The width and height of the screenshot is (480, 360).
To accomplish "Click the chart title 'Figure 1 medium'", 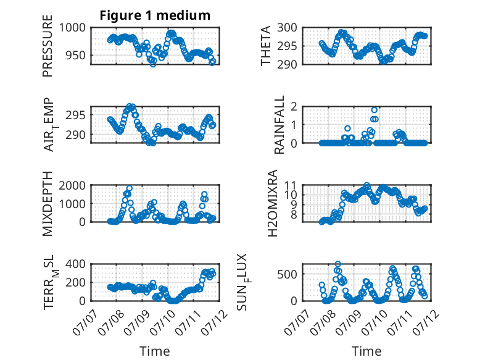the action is click(155, 15).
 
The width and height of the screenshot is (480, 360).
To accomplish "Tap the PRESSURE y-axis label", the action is click(48, 46).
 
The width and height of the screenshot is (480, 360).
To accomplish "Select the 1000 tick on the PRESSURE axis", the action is click(72, 28).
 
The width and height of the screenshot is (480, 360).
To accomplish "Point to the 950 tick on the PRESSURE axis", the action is click(76, 56).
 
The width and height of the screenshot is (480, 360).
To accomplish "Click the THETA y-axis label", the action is click(266, 46).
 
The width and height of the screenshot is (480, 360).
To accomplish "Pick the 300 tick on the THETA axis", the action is click(287, 28).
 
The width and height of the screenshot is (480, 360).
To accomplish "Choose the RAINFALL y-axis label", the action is click(279, 125).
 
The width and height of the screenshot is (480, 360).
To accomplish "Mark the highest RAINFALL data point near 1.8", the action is click(374, 110).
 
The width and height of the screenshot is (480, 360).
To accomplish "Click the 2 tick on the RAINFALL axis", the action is click(294, 107).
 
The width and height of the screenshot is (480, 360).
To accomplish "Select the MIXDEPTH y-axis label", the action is click(48, 204).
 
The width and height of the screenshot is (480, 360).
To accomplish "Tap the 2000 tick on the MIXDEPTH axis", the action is click(72, 185).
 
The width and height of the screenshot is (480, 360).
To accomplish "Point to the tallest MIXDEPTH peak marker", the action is click(129, 188).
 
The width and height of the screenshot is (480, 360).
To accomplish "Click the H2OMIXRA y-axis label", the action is click(273, 203).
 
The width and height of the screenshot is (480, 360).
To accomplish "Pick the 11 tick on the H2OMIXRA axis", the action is click(291, 185).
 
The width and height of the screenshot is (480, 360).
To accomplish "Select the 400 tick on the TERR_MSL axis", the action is click(76, 264).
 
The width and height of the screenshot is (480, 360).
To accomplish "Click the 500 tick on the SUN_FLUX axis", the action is click(287, 274).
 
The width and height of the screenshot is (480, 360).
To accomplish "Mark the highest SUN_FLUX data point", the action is click(337, 264).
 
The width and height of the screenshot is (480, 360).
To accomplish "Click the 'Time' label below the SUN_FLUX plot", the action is click(366, 351).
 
